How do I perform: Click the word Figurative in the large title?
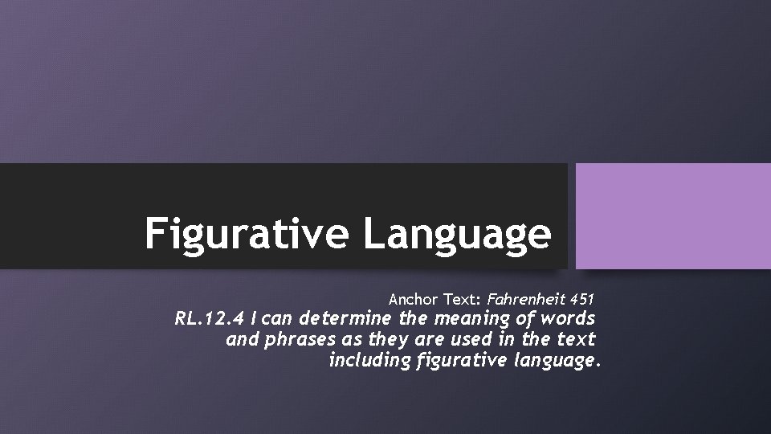pos(247,233)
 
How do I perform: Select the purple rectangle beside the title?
pos(673,216)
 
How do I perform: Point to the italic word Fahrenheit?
pos(524,300)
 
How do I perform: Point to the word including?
pos(370,360)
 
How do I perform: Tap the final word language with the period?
pos(556,360)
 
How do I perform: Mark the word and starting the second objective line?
pos(240,340)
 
